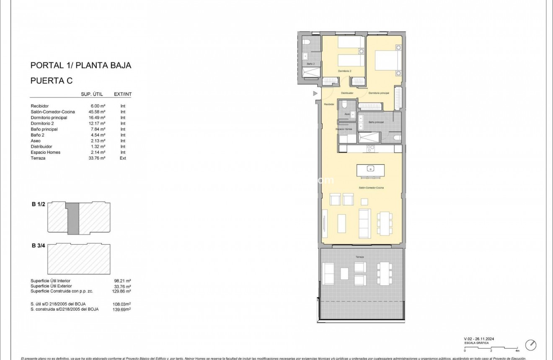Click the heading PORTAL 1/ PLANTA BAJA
(x=81, y=65)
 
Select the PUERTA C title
(x=52, y=81)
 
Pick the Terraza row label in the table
(x=38, y=158)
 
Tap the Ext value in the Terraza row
(x=123, y=158)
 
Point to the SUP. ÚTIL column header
(x=92, y=95)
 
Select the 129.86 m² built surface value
(x=123, y=291)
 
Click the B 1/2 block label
(x=39, y=205)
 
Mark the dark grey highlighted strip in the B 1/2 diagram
(x=73, y=218)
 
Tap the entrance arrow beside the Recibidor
(x=315, y=94)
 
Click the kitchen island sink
(x=370, y=169)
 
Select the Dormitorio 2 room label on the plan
(x=345, y=71)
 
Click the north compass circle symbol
(x=530, y=345)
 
